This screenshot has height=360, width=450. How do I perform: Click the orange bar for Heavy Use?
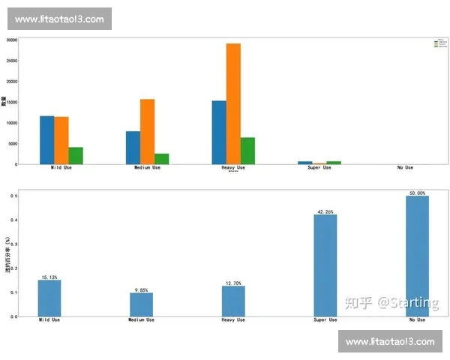click(x=233, y=103)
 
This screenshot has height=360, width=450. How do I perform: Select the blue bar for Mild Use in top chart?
click(x=47, y=140)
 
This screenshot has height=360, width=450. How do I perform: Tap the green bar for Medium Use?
click(x=161, y=158)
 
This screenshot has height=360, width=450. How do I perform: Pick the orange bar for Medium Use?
click(x=147, y=131)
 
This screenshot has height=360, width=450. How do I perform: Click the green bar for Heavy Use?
click(x=247, y=151)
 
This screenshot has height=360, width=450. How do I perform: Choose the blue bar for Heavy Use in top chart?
click(x=219, y=132)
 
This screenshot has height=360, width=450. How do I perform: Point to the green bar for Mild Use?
click(x=76, y=155)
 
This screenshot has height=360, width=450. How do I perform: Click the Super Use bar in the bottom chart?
click(x=325, y=265)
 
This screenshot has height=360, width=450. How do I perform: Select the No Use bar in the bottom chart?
click(x=416, y=256)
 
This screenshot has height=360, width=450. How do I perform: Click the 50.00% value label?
click(x=416, y=193)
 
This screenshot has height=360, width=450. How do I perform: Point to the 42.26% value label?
click(x=325, y=211)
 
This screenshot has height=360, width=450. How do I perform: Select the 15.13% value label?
click(x=49, y=277)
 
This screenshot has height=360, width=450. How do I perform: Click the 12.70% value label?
click(x=233, y=283)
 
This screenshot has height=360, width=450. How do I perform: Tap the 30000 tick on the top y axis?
click(x=12, y=40)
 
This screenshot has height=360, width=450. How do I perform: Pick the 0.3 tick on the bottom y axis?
click(x=14, y=244)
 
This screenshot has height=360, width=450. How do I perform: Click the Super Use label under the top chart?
click(x=319, y=167)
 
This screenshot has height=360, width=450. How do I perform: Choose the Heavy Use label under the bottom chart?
click(x=233, y=320)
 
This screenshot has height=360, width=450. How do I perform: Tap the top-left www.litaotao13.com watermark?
click(x=59, y=19)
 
